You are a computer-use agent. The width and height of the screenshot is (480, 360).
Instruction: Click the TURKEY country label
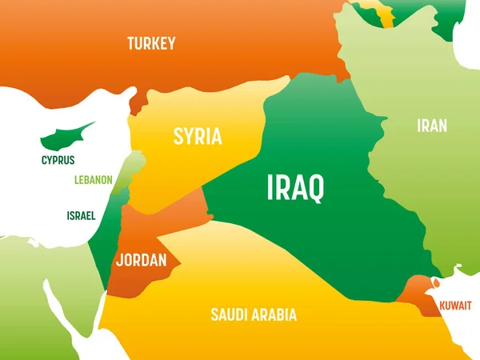[x=150, y=43]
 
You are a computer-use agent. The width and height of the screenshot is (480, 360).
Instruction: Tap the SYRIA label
[x=198, y=136]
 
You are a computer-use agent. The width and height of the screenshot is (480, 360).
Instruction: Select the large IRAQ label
[x=295, y=189]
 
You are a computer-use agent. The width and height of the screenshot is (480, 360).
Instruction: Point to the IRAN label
[x=431, y=126]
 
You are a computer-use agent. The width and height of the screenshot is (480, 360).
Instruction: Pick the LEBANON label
[x=93, y=180]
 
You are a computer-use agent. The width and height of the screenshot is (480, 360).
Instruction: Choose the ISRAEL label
[x=81, y=215]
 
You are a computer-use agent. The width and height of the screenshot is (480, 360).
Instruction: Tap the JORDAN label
[x=141, y=260]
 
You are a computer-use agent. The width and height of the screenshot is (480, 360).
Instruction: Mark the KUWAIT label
[x=455, y=306]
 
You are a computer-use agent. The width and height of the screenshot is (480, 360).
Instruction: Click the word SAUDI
[x=227, y=314]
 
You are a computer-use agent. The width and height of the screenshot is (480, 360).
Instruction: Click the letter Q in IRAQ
[x=315, y=189]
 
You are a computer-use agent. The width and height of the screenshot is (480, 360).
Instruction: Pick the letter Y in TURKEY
[x=170, y=43]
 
